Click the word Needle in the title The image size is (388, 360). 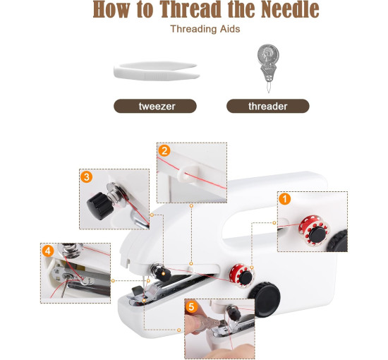coord(290,9)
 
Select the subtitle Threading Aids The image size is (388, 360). coord(205,29)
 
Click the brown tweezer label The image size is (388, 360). coord(155,106)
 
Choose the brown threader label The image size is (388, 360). coord(268,106)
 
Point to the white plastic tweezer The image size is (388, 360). coord(156,71)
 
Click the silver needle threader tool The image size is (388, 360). coord(268,67)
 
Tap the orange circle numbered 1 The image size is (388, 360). coord(284,199)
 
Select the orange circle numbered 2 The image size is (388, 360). coord(164,150)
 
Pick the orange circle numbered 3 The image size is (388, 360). coord(87,176)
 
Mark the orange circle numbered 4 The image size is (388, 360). coord(48,251)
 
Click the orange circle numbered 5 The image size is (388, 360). coord(191,307)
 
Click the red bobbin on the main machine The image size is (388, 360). coord(241,275)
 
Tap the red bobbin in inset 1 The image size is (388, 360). coord(314,230)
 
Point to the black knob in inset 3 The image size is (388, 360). coord(99,206)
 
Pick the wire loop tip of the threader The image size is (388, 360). coord(269,88)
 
